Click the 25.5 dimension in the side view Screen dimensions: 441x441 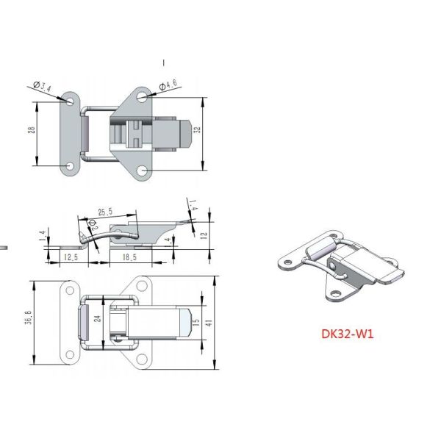click(x=104, y=212)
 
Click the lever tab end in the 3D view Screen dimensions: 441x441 click(x=392, y=277)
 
